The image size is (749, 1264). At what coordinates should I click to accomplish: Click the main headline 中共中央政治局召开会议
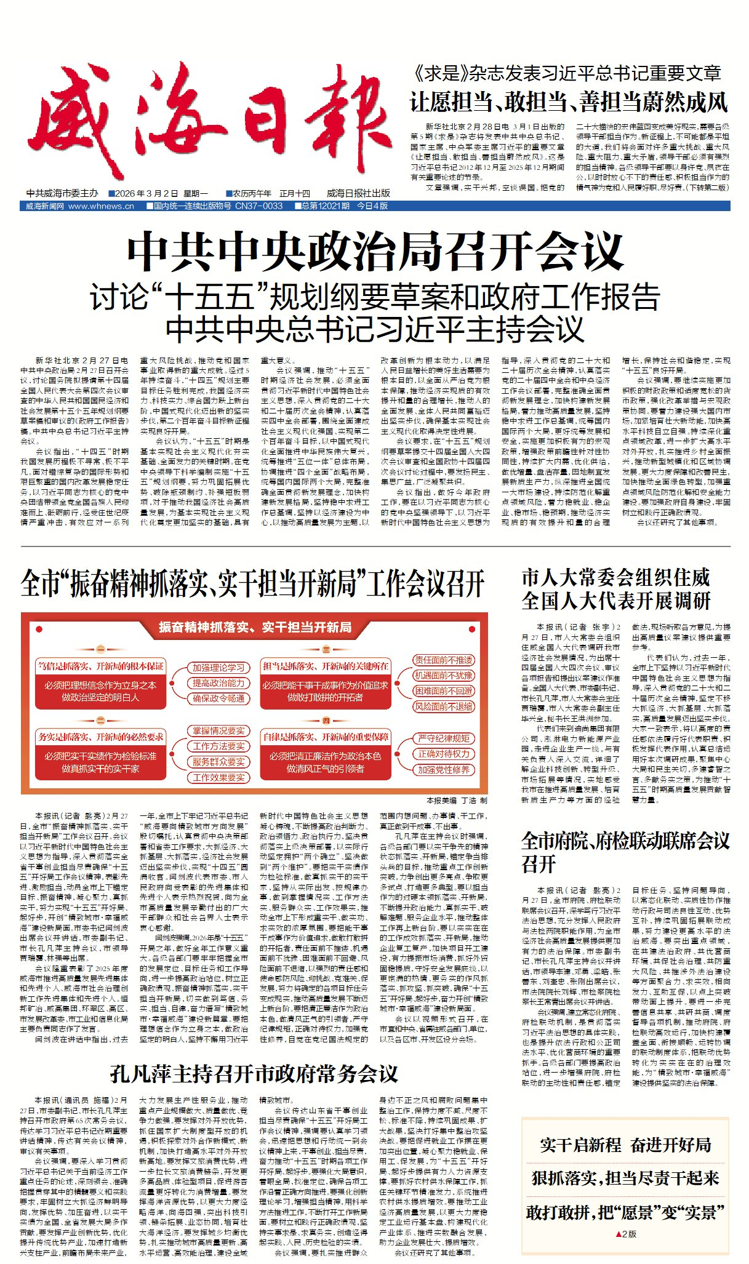point(374,251)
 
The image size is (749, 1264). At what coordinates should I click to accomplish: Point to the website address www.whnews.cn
point(101,206)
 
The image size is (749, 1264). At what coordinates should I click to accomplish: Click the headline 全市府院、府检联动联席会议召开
point(625,852)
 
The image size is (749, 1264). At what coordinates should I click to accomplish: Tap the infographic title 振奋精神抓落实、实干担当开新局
point(255,627)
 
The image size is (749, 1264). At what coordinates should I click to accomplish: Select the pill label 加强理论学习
point(218,668)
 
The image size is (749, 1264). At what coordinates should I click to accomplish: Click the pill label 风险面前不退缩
point(443,706)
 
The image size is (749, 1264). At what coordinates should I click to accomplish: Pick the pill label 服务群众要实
point(218,762)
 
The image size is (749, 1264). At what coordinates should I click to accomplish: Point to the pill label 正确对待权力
point(444,754)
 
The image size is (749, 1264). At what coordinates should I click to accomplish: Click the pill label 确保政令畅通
point(218,698)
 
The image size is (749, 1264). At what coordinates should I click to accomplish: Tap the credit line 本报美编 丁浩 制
point(456,801)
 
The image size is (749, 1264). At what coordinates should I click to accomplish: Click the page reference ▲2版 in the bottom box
point(625,1234)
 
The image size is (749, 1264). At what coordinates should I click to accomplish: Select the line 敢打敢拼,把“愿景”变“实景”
point(625,1212)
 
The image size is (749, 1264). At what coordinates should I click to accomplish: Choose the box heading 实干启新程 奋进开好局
point(625,1145)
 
